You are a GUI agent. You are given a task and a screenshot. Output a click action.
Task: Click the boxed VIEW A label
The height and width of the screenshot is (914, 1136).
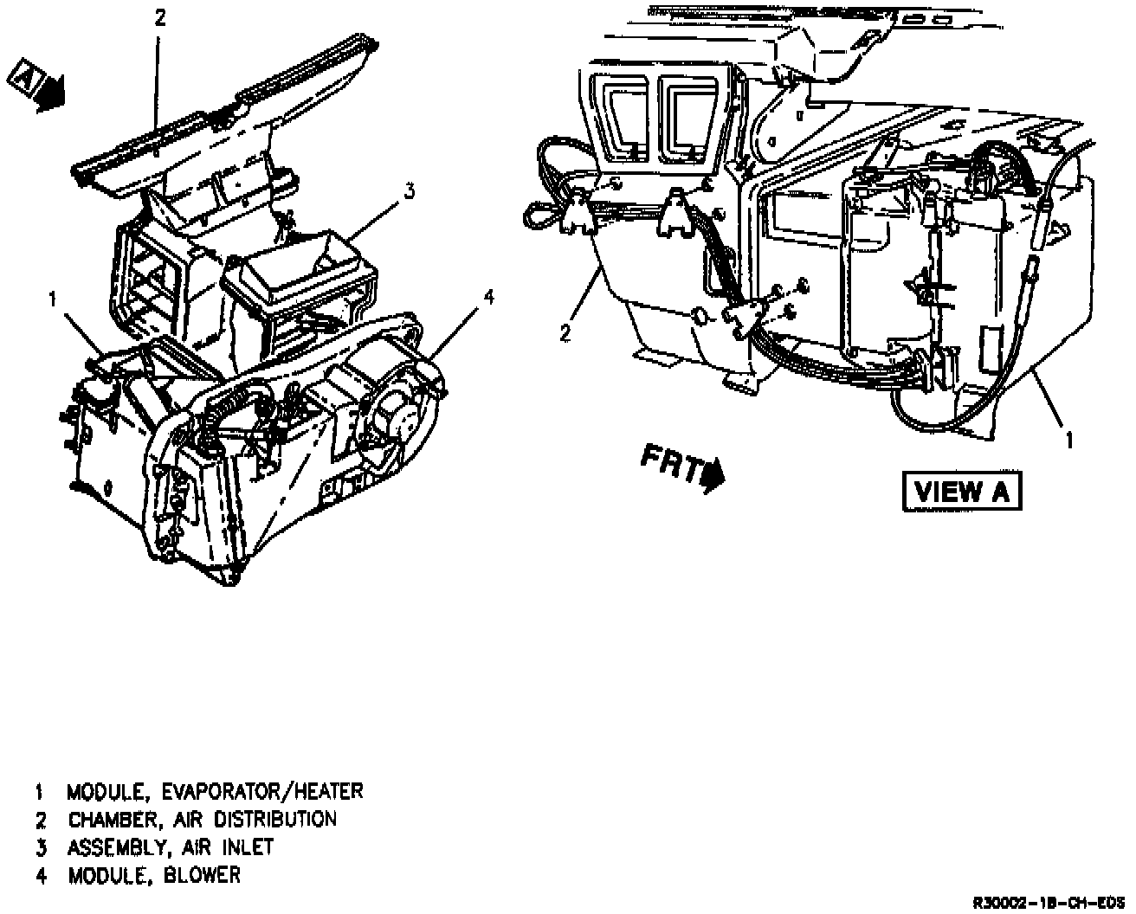click(961, 492)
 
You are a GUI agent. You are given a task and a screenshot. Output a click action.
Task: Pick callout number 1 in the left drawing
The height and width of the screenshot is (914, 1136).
click(53, 299)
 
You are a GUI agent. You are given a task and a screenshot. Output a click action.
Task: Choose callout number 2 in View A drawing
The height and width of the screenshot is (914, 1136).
click(565, 331)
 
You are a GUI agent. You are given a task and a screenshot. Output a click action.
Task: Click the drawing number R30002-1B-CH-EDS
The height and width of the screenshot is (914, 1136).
click(1049, 903)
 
